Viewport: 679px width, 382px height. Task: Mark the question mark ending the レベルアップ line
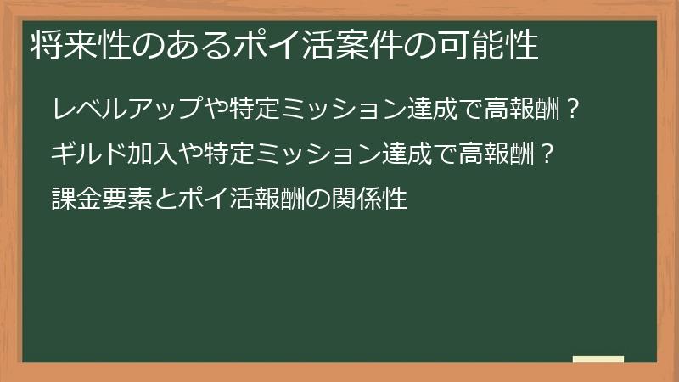(574, 110)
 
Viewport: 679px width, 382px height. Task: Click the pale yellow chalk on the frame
(598, 360)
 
